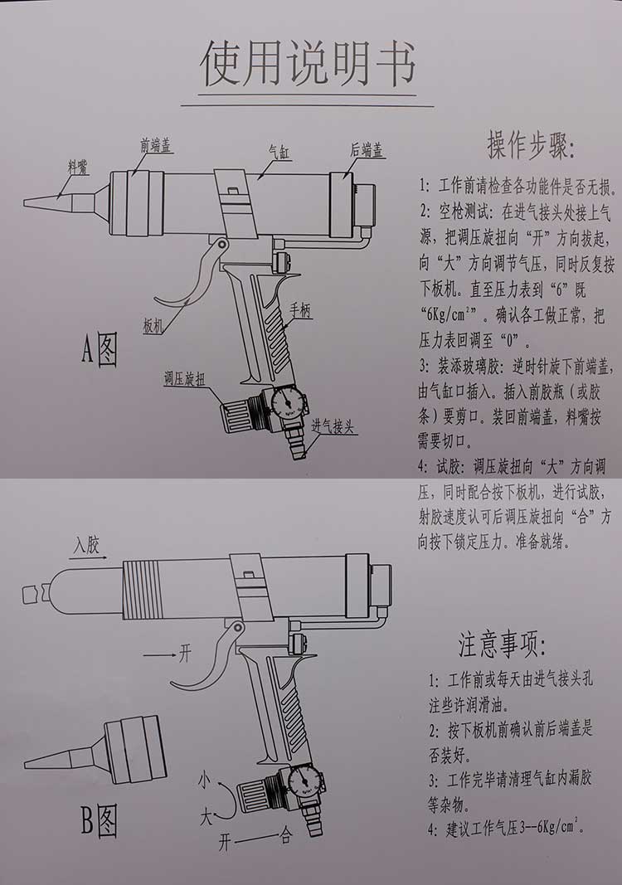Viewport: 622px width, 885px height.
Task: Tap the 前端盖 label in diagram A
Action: coord(155,146)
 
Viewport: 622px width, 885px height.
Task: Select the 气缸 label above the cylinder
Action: coord(278,151)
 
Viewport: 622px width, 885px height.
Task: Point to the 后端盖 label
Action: coord(366,150)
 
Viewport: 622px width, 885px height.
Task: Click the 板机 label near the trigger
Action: coord(153,326)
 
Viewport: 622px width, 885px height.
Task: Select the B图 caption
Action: coord(100,821)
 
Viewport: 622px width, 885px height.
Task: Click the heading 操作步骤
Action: coord(530,147)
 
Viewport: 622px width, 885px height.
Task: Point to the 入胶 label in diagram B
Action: coord(86,545)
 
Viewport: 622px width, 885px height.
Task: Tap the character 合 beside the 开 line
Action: coord(285,837)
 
